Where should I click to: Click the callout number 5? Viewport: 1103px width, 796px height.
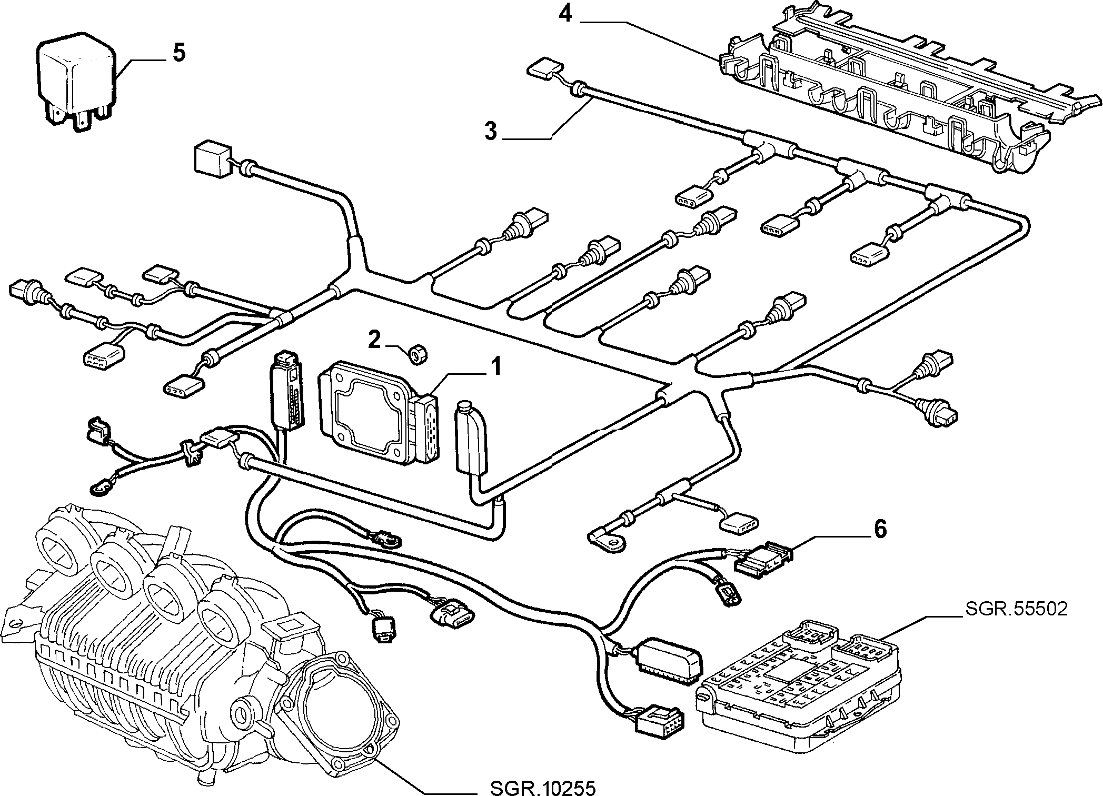coord(179,54)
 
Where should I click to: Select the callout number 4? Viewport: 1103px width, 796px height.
coord(565,14)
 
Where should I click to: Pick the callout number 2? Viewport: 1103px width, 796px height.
coord(374,340)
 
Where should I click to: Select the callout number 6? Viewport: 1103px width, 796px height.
coord(880,529)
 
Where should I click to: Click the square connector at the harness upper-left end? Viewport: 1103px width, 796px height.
coord(212,156)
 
